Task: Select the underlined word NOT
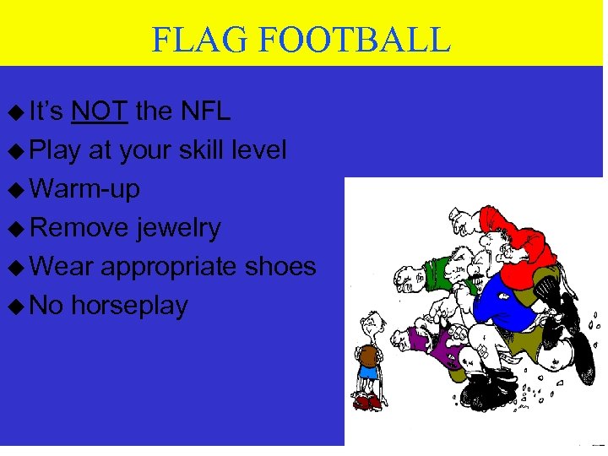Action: (x=100, y=111)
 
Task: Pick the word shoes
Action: (x=281, y=266)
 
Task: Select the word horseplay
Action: (x=129, y=305)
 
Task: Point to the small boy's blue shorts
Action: (x=368, y=372)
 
